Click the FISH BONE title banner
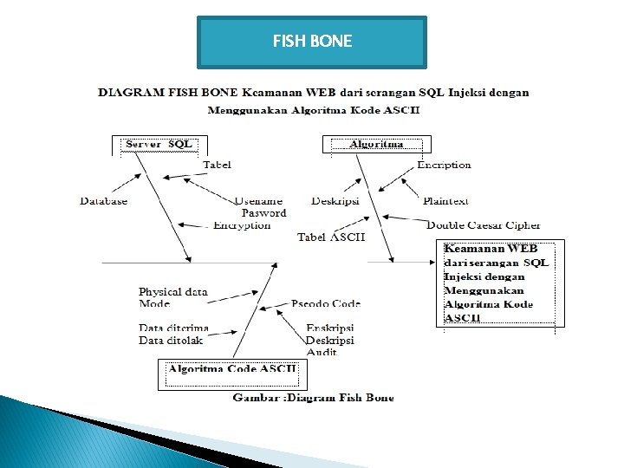click(x=312, y=42)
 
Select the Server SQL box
click(x=159, y=144)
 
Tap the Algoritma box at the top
click(x=376, y=144)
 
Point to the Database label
click(x=104, y=201)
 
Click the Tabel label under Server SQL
click(x=217, y=165)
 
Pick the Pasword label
click(x=263, y=213)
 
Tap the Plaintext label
click(x=445, y=201)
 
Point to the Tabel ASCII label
click(x=331, y=237)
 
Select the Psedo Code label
click(x=326, y=303)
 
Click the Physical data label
click(x=173, y=292)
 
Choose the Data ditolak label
click(x=171, y=341)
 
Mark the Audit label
click(x=322, y=353)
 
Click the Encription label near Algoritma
click(x=444, y=165)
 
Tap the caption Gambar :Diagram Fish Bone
click(x=313, y=398)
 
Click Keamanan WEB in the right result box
click(x=491, y=249)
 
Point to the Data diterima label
click(x=173, y=328)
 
